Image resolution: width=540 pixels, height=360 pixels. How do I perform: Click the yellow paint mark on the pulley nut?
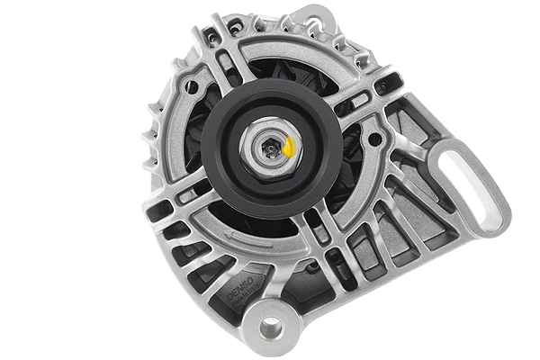coord(290,147)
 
